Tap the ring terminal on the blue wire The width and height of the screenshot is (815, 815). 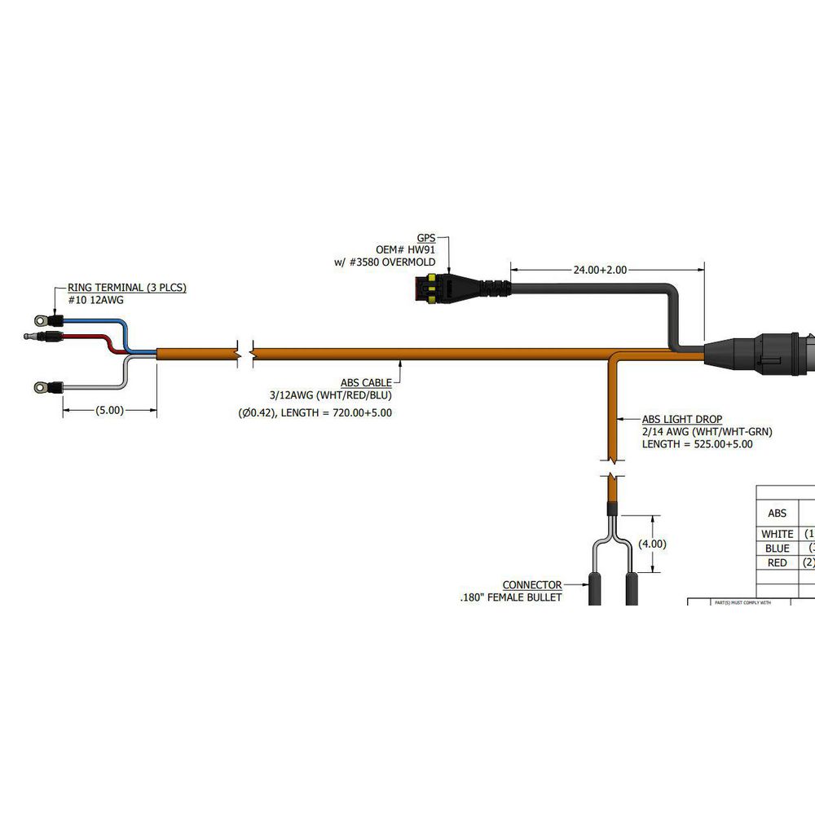[39, 320]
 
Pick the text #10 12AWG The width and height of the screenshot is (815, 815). [89, 300]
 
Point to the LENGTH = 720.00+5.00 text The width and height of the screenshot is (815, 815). [342, 412]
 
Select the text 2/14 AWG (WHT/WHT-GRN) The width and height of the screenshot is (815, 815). [707, 431]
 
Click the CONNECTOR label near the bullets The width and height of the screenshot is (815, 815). [531, 585]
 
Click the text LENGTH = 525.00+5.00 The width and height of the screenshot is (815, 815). [697, 444]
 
